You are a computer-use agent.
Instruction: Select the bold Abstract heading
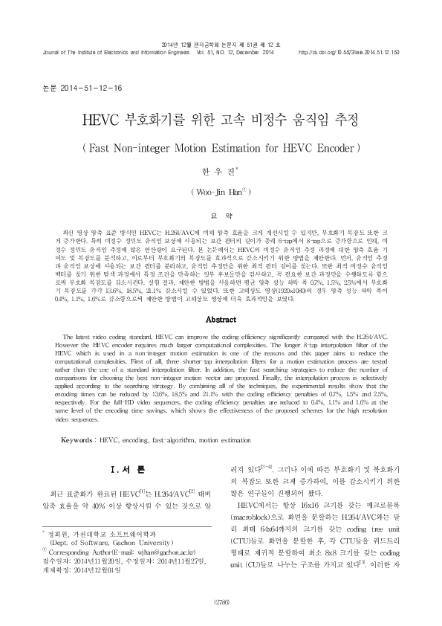point(221,320)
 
